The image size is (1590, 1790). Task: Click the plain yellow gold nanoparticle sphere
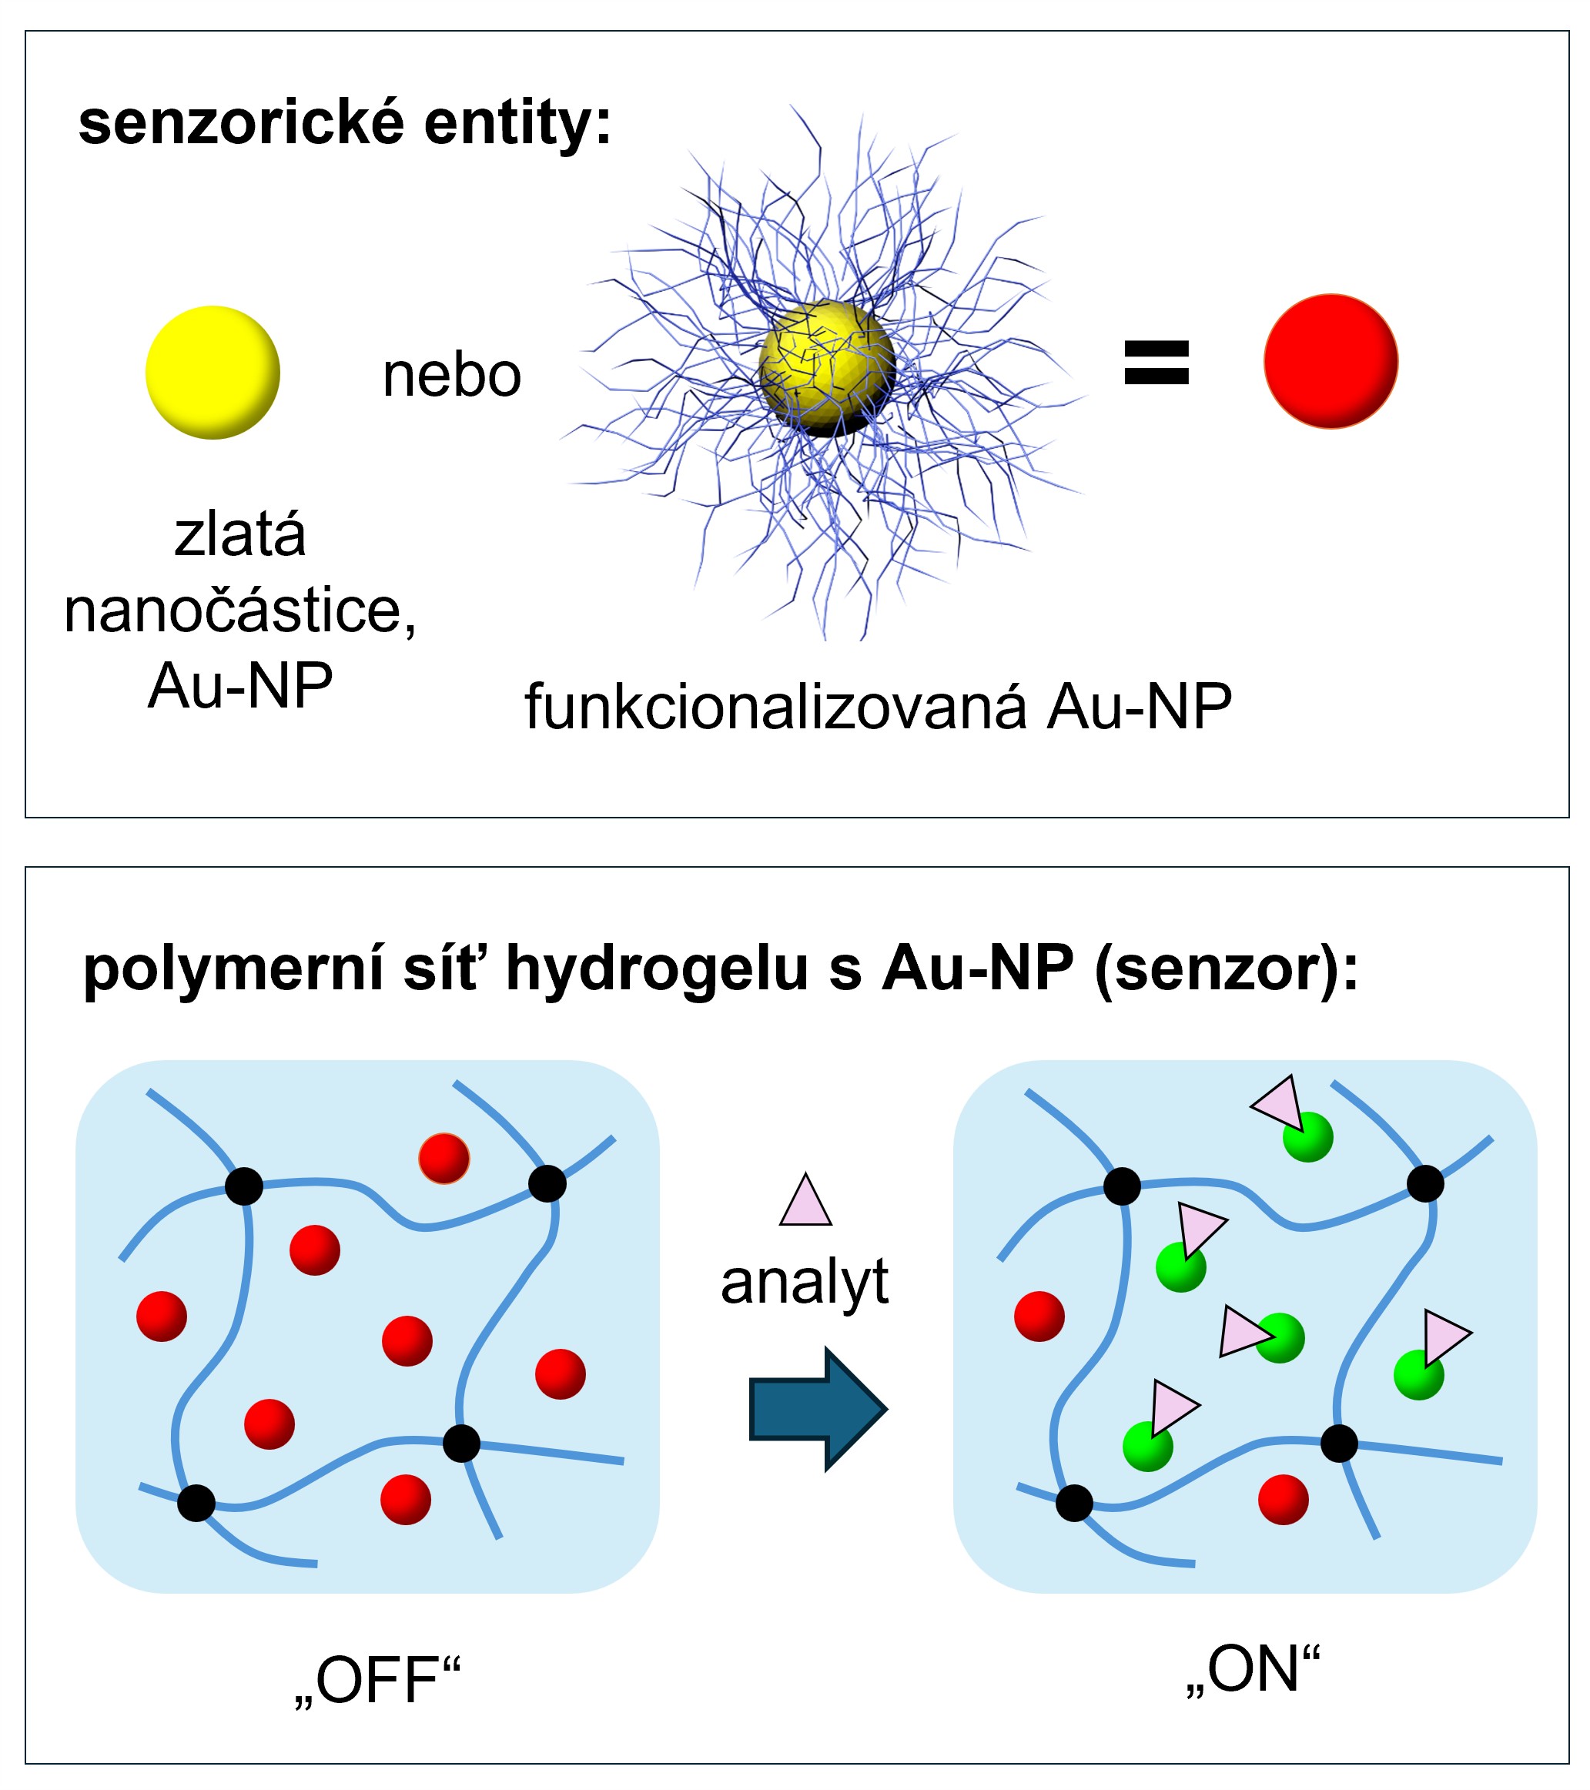(x=212, y=372)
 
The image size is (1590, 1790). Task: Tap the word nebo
(x=451, y=376)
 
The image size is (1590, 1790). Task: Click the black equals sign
(x=1156, y=363)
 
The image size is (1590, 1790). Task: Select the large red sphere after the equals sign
(x=1330, y=361)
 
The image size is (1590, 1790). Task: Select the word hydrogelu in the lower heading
(x=657, y=969)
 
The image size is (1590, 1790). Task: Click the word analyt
(x=804, y=1283)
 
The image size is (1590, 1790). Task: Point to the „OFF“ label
(x=377, y=1681)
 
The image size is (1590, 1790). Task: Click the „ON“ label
(x=1253, y=1669)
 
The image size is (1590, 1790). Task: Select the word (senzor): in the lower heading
(x=1227, y=969)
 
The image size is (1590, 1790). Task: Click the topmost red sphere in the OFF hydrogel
(x=444, y=1159)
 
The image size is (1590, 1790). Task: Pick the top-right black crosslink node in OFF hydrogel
(x=547, y=1184)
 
